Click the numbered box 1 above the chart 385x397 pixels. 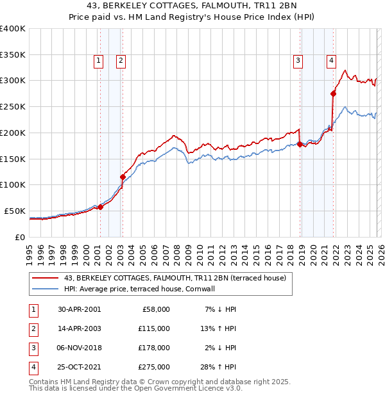[99, 61]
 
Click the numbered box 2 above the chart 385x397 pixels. [121, 61]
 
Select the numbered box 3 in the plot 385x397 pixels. [298, 61]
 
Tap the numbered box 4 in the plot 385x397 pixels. [331, 61]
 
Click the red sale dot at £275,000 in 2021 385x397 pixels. [333, 93]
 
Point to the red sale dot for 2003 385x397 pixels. [123, 177]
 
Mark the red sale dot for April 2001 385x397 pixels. [100, 207]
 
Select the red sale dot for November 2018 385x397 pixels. [300, 144]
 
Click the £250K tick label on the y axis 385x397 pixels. [13, 107]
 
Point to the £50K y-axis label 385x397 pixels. [15, 211]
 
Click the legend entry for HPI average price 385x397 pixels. [139, 289]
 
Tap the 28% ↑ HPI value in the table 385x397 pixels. [219, 367]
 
